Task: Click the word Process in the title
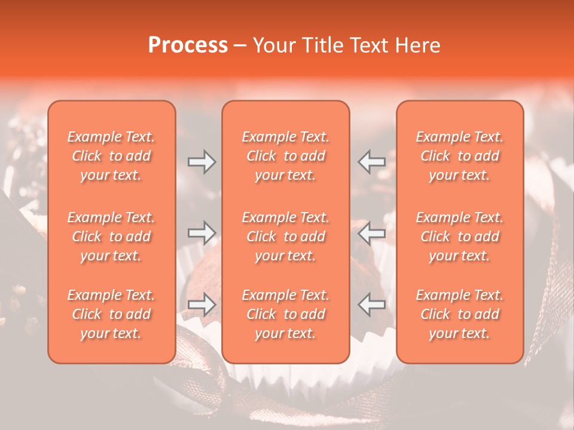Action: tap(188, 45)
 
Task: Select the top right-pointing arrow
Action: tap(201, 162)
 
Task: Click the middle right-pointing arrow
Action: tap(201, 233)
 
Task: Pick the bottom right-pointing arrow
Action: tap(201, 305)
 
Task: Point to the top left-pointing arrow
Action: tap(372, 162)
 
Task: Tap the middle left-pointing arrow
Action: tap(372, 233)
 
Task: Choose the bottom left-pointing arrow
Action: tap(372, 305)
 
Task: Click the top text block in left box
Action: tap(111, 156)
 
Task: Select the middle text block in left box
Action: tap(111, 236)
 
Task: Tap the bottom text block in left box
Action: tap(111, 314)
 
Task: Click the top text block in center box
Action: tap(286, 156)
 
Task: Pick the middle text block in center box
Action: tap(286, 236)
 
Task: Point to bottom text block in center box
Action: tap(286, 314)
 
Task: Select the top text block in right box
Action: tap(460, 156)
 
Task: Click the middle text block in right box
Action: tap(460, 236)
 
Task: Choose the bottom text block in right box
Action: tap(460, 314)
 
